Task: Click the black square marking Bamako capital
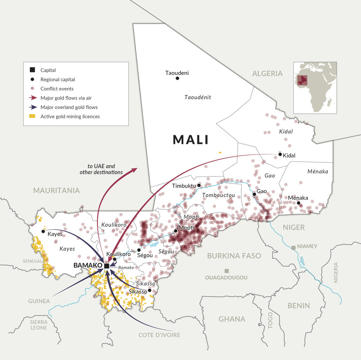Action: click(106, 265)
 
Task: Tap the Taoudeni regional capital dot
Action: click(177, 78)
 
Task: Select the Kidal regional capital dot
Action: click(280, 154)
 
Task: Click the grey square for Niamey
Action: click(293, 247)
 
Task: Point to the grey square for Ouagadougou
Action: click(227, 271)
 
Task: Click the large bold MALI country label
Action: click(191, 140)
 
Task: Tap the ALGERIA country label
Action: click(267, 73)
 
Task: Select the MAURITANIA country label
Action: click(56, 191)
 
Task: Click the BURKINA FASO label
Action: click(234, 256)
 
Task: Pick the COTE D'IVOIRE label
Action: click(159, 335)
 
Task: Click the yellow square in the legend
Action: click(32, 116)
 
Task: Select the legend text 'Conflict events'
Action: click(57, 89)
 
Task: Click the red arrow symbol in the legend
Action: click(32, 98)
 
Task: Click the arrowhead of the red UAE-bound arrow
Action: click(134, 170)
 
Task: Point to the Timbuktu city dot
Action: click(199, 185)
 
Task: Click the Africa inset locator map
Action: click(315, 88)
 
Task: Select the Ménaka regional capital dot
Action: click(298, 203)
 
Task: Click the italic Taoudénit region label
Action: click(198, 97)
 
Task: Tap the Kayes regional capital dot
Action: click(43, 231)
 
